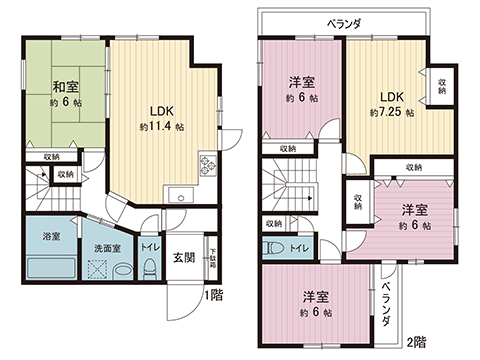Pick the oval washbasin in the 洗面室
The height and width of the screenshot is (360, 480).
120,270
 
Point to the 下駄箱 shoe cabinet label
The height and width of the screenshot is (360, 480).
213,259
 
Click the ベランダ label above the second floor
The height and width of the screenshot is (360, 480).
346,22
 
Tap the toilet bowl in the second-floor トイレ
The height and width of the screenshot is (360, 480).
273,248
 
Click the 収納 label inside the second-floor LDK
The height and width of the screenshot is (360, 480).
441,85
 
